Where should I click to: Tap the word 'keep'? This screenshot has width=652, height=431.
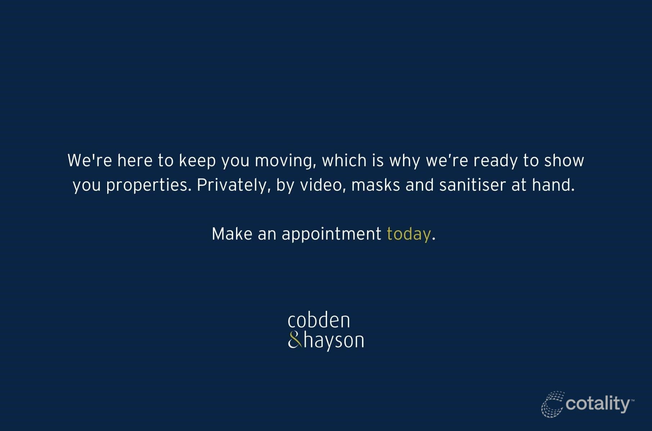[x=197, y=161]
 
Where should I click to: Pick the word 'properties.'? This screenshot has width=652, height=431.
[x=149, y=186]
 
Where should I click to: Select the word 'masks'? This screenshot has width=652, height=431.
[x=376, y=185]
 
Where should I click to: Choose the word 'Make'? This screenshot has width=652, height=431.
[x=232, y=234]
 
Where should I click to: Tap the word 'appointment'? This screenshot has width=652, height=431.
[x=331, y=235]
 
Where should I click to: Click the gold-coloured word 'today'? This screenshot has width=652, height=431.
[x=409, y=235]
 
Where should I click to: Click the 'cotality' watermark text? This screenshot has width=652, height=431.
[x=598, y=404]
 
